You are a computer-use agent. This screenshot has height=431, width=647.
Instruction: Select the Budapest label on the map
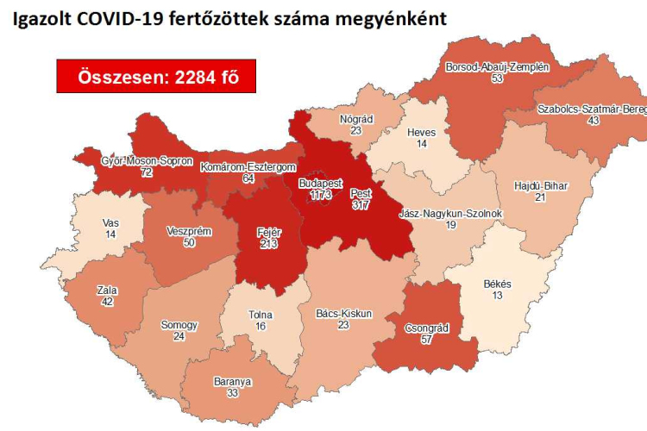[320, 184]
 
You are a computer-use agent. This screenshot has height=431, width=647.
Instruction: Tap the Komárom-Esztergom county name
[248, 167]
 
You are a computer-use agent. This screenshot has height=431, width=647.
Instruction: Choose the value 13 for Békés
[498, 297]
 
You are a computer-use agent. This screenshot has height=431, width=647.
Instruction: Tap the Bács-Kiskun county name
[342, 314]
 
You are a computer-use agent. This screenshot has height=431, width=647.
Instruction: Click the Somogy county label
[179, 325]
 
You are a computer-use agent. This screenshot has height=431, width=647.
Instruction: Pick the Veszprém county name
[189, 231]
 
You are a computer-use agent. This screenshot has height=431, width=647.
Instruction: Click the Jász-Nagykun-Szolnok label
[451, 213]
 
